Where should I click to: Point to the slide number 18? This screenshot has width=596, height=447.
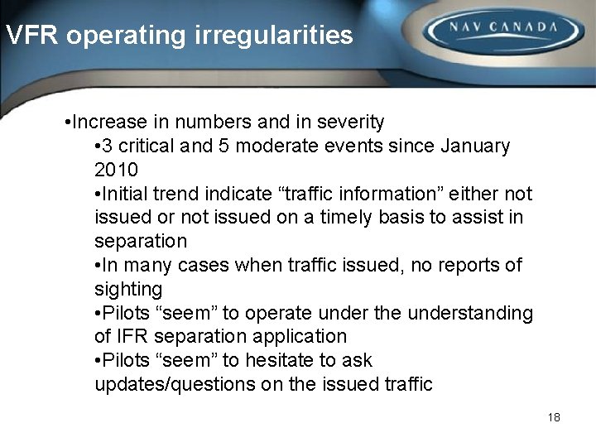pos(554,417)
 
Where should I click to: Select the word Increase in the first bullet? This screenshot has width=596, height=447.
pos(106,123)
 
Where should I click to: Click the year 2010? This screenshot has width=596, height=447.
pos(116,170)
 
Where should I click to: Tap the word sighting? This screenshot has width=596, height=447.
pos(128,289)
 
